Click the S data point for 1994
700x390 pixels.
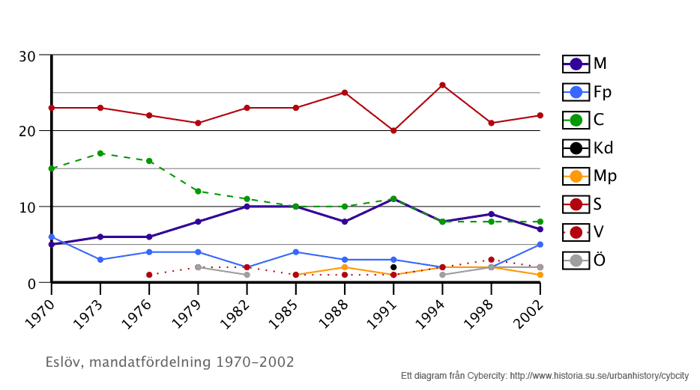coord(442,85)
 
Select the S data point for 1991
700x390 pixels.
coord(393,130)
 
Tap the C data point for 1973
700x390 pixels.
coord(100,153)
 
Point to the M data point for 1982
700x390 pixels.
coord(247,207)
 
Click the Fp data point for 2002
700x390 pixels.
coord(540,245)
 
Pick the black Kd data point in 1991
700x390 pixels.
coord(393,267)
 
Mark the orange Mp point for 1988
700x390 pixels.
coord(344,267)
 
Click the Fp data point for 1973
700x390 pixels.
coord(100,260)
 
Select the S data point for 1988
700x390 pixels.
coord(344,93)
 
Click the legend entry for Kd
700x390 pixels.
coord(588,148)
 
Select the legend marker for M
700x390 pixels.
coord(576,64)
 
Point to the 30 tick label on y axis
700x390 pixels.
coord(27,56)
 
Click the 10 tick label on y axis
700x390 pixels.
coord(27,207)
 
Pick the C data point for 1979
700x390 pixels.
coord(198,191)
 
